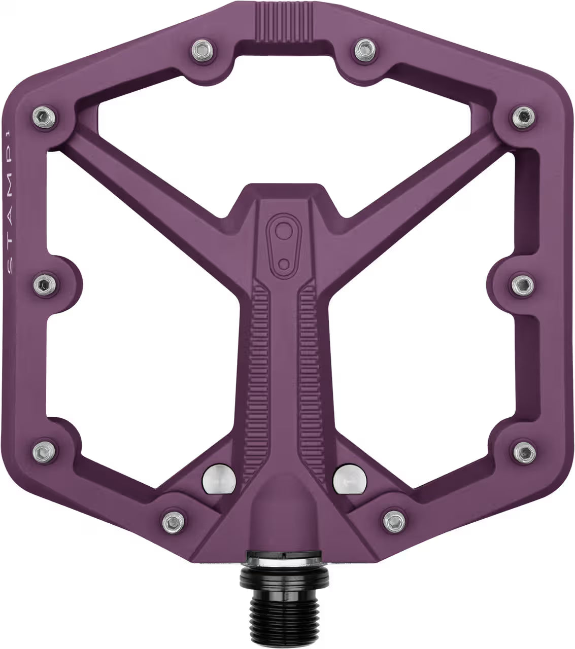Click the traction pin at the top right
362,49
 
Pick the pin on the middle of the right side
521,282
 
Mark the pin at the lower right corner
522,449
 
